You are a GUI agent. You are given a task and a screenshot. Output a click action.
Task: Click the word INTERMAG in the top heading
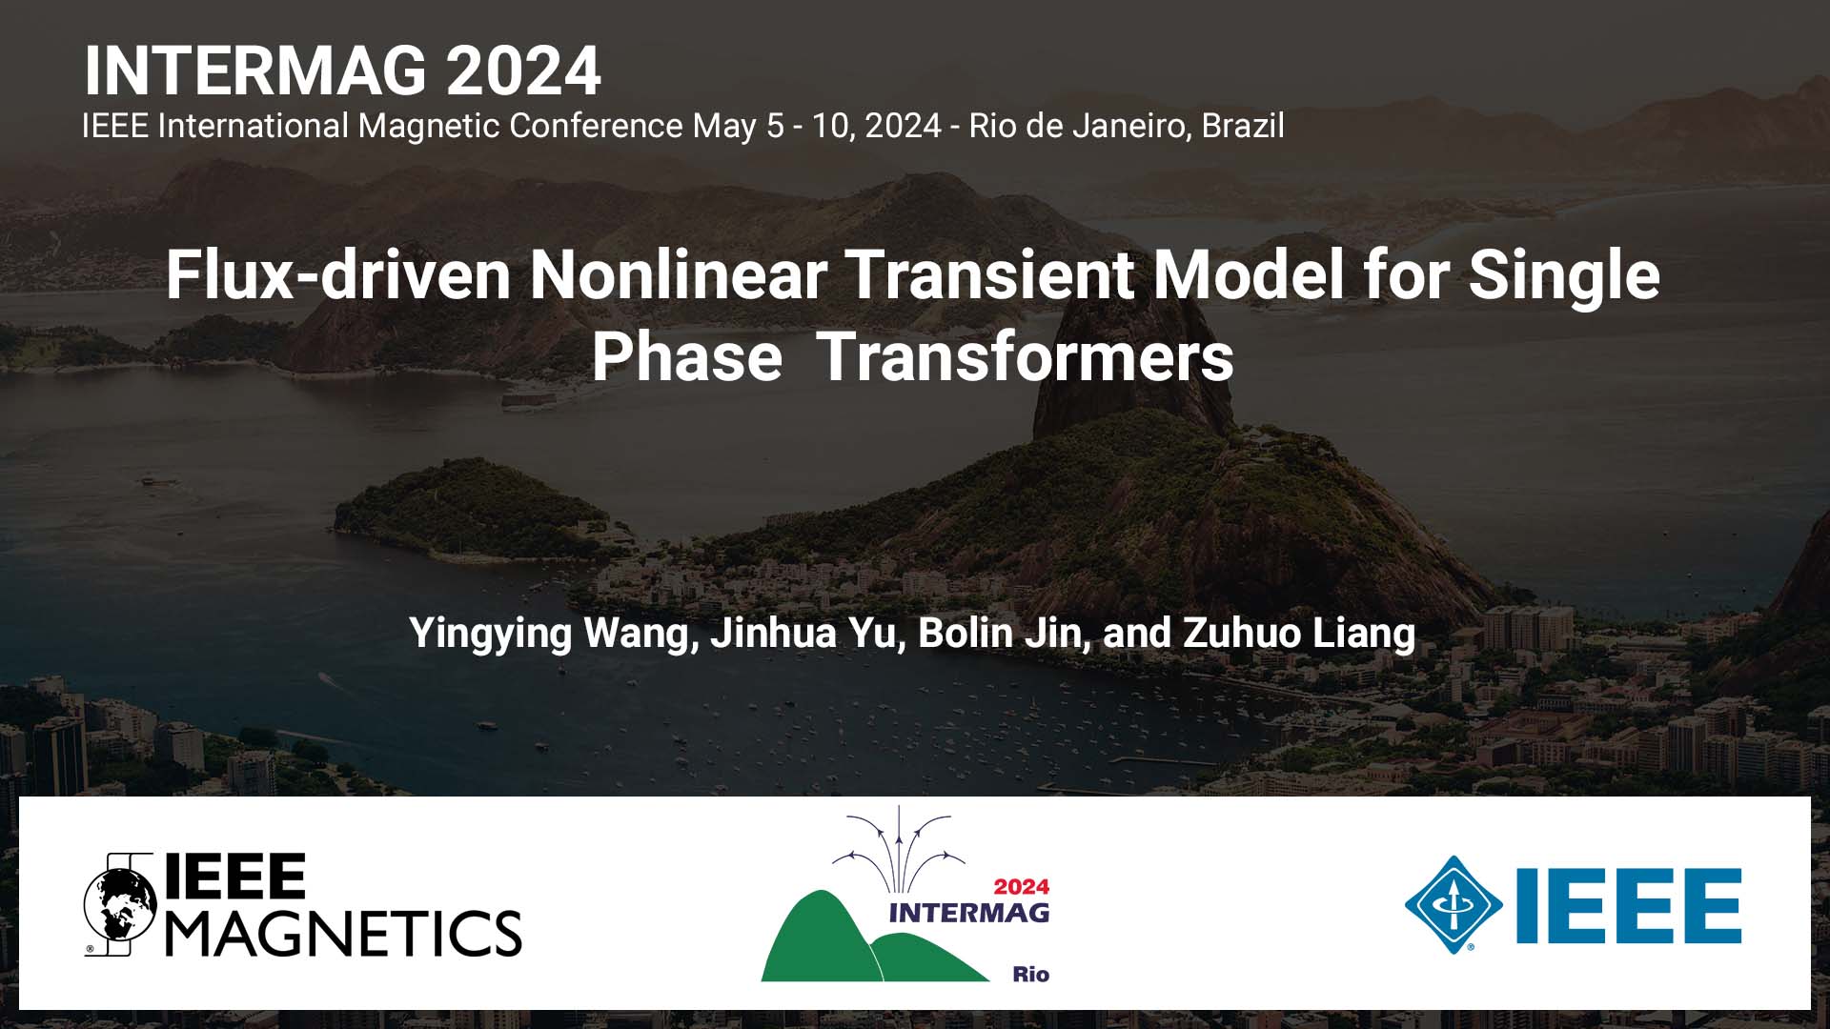pyautogui.click(x=257, y=71)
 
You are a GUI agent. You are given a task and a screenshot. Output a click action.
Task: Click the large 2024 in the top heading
pyautogui.click(x=523, y=71)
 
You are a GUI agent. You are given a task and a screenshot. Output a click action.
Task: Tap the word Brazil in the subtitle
pyautogui.click(x=1242, y=126)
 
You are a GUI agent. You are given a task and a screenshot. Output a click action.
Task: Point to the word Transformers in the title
pyautogui.click(x=1026, y=357)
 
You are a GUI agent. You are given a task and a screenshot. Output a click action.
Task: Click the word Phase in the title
pyautogui.click(x=687, y=357)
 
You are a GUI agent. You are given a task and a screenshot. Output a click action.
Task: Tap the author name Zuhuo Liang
pyautogui.click(x=1299, y=633)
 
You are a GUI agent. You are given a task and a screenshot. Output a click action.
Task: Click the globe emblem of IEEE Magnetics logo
pyautogui.click(x=120, y=904)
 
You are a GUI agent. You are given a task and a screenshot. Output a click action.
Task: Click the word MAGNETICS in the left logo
pyautogui.click(x=344, y=933)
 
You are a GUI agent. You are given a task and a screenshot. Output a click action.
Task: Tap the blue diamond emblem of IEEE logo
pyautogui.click(x=1453, y=904)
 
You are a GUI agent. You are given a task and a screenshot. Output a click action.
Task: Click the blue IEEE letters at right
pyautogui.click(x=1628, y=904)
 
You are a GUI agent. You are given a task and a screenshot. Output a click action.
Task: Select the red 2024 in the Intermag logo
pyautogui.click(x=1021, y=886)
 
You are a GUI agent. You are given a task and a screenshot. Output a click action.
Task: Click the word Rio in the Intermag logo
pyautogui.click(x=1030, y=974)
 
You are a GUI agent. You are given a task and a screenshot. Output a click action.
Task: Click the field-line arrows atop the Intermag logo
pyautogui.click(x=897, y=843)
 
